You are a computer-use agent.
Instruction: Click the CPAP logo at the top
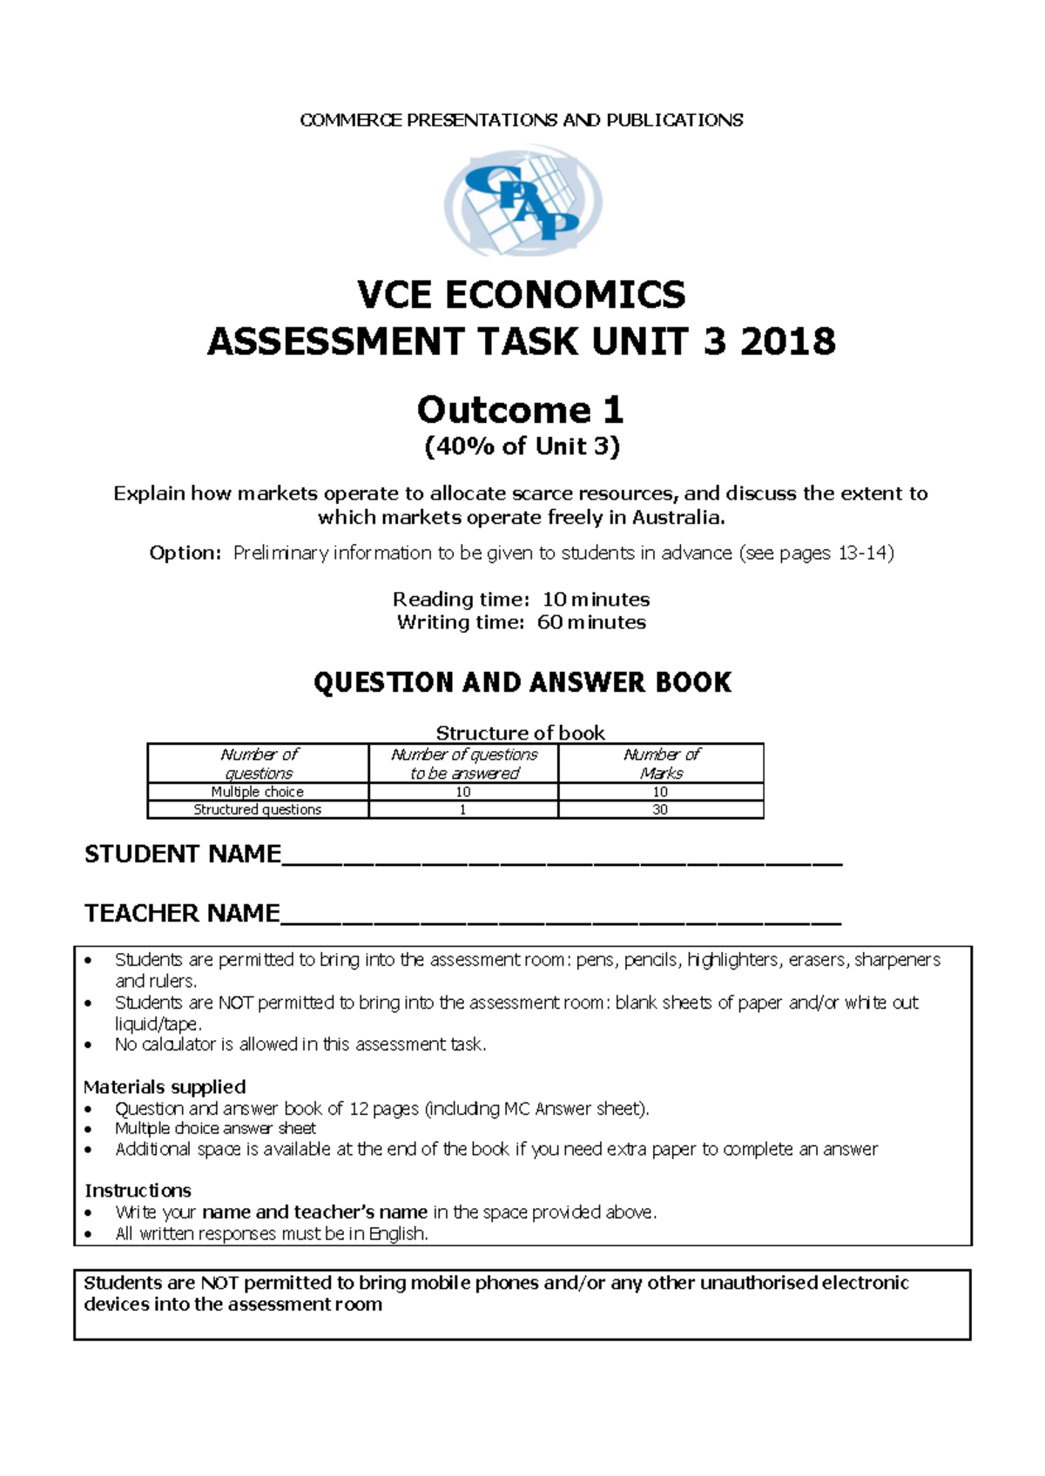(522, 203)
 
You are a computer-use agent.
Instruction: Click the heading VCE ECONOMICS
(522, 295)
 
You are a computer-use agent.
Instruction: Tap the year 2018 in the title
(787, 341)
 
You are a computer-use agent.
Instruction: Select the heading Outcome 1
(521, 409)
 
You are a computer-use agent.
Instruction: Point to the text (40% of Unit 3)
(522, 446)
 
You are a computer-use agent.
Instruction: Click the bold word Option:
(185, 553)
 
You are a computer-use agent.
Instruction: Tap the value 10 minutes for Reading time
(596, 600)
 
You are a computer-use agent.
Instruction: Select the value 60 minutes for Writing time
(591, 622)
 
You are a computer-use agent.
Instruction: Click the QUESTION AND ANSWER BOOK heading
(522, 682)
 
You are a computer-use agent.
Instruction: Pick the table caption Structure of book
(520, 733)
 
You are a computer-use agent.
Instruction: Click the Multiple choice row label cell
(258, 792)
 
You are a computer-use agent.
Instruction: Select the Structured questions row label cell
(258, 809)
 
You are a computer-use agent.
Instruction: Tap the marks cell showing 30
(660, 809)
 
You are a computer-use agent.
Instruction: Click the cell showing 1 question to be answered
(462, 809)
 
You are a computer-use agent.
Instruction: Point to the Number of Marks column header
(661, 763)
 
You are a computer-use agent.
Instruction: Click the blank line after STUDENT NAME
(562, 857)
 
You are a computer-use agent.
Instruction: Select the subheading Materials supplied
(165, 1087)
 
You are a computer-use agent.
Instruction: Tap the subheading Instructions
(138, 1191)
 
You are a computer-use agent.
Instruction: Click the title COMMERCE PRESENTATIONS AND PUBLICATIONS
(522, 120)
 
